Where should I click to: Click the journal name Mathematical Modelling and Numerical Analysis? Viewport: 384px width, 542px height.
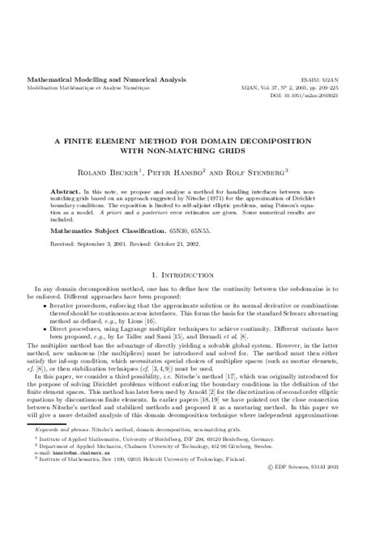(108, 79)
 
